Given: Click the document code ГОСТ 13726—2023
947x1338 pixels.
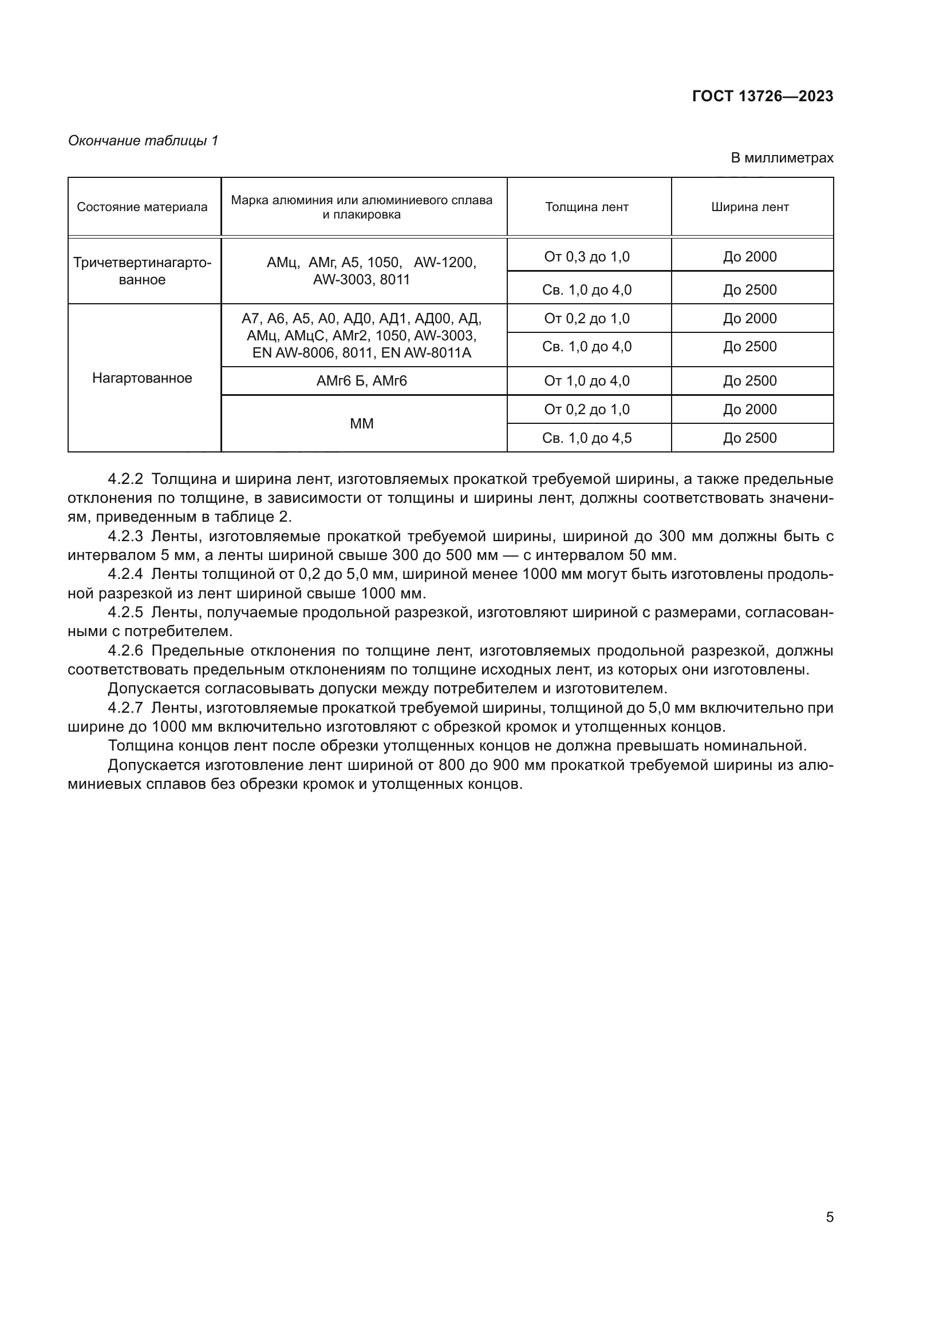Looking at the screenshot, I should pos(762,96).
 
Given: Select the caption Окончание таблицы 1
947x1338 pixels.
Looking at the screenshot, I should pos(143,141).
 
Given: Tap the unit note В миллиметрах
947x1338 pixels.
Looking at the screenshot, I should pos(782,158).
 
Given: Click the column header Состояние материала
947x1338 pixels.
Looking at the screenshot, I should pos(143,208).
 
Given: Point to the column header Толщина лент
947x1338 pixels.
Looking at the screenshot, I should pos(587,208).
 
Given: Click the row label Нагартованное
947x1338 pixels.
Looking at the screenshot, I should pos(143,378).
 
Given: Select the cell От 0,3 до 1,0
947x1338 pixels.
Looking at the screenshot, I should pos(587,257).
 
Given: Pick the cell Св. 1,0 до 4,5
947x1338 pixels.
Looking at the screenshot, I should pos(587,438).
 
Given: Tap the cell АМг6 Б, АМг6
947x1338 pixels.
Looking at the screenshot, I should pos(361,381).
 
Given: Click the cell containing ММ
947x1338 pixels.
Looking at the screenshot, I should pos(361,424).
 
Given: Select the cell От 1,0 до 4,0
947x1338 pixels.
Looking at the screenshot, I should pos(587,381).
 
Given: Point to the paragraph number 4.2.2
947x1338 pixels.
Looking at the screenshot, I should pos(125,479).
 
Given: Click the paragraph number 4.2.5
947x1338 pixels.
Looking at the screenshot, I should pos(125,613).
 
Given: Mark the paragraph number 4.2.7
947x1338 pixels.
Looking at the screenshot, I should pos(125,708).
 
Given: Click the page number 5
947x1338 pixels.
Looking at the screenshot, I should pos(829,1217).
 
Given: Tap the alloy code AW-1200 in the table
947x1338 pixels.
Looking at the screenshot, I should pos(444,263).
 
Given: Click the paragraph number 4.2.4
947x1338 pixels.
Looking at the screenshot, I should pos(125,574).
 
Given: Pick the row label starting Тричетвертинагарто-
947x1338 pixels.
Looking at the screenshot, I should pos(143,263).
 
